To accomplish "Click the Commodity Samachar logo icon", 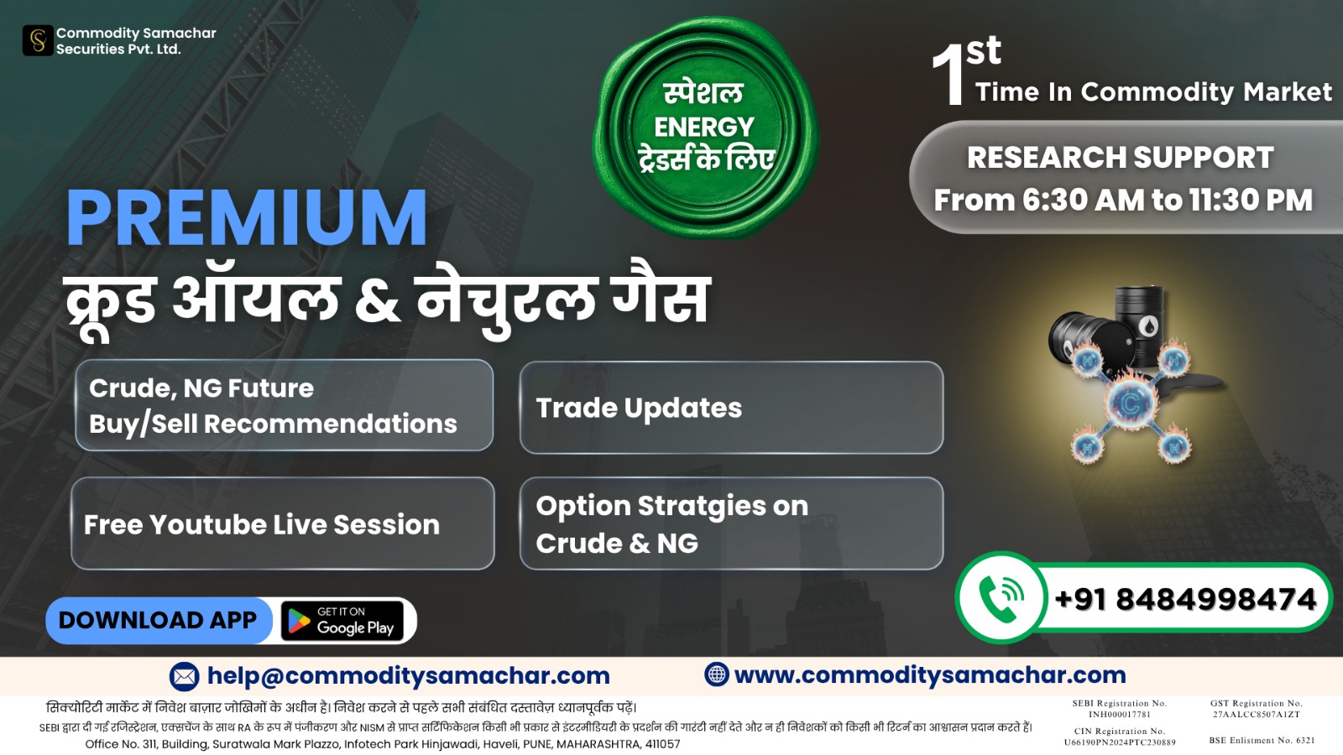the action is pyautogui.click(x=38, y=41).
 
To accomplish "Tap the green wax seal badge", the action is pyautogui.click(x=705, y=127).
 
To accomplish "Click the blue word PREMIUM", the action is pyautogui.click(x=247, y=217).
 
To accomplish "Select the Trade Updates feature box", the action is pyautogui.click(x=731, y=408).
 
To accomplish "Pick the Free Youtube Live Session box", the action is pyautogui.click(x=282, y=523).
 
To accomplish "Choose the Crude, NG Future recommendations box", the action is pyautogui.click(x=285, y=405).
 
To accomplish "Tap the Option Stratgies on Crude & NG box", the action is pyautogui.click(x=731, y=523).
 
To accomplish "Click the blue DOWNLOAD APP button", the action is pyautogui.click(x=159, y=620).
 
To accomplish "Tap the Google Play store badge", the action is pyautogui.click(x=342, y=621).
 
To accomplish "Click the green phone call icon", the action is pyautogui.click(x=1000, y=597).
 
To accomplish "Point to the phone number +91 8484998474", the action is pyautogui.click(x=1184, y=599).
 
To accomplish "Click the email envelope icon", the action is pyautogui.click(x=184, y=676).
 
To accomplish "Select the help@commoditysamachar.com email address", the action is pyautogui.click(x=408, y=676).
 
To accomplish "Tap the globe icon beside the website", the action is pyautogui.click(x=717, y=674).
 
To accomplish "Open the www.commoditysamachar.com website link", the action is pyautogui.click(x=930, y=675).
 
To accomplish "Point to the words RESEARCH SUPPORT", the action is pyautogui.click(x=1120, y=158).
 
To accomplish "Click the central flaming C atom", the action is pyautogui.click(x=1130, y=404).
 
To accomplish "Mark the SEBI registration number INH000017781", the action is pyautogui.click(x=1120, y=714).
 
